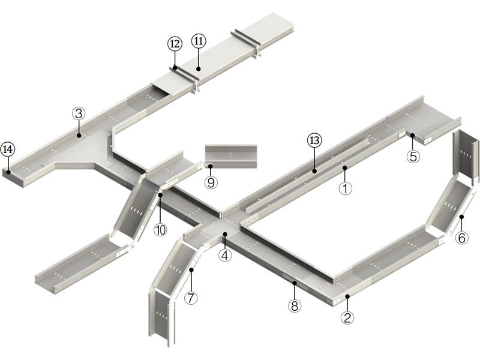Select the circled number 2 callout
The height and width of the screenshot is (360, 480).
(x=347, y=317)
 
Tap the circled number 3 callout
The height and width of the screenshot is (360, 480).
(x=79, y=113)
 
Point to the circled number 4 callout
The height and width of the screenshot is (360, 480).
(x=225, y=255)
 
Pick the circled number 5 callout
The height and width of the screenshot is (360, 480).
(x=413, y=156)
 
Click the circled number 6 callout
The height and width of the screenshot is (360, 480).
(x=461, y=238)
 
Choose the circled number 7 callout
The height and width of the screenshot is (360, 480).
(x=191, y=298)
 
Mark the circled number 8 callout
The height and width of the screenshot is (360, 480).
(x=293, y=305)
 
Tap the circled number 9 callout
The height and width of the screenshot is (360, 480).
(x=211, y=182)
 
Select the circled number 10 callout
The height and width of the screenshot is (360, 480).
(x=160, y=229)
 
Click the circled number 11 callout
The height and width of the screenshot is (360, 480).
(x=199, y=41)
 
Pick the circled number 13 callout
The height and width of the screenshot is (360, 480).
(x=314, y=141)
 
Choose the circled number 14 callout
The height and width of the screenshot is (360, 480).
(x=8, y=149)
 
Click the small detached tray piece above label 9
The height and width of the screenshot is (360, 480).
(x=230, y=154)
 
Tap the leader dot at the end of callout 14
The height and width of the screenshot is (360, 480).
(x=8, y=172)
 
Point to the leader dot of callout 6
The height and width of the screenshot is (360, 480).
(x=461, y=217)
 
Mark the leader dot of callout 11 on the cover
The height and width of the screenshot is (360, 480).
(x=198, y=68)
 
